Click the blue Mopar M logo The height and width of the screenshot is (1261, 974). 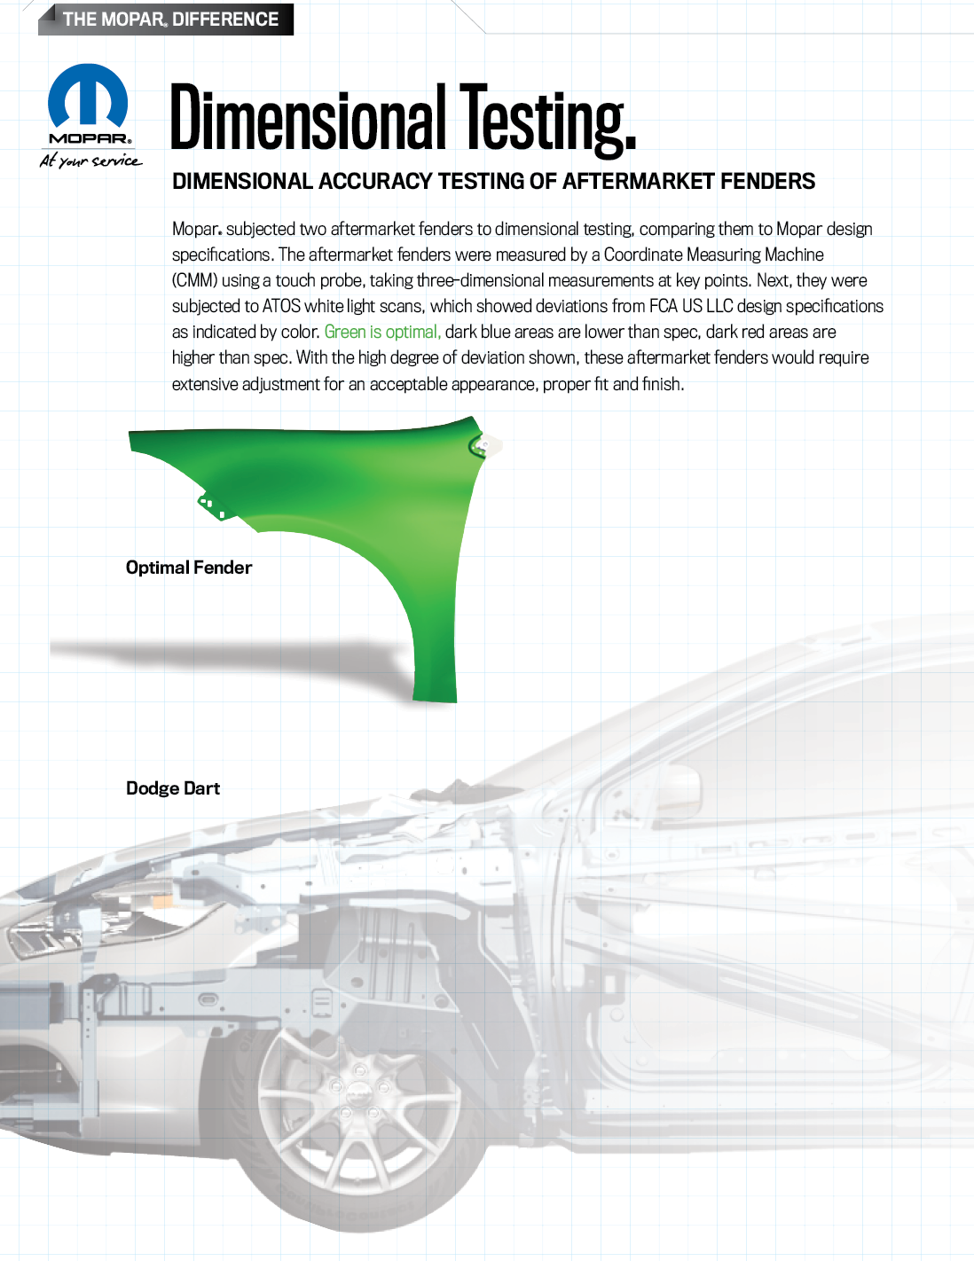(x=88, y=95)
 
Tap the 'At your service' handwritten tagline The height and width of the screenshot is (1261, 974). (x=90, y=161)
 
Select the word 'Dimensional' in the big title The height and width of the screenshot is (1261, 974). (x=308, y=117)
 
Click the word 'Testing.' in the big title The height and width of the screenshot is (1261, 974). (x=548, y=120)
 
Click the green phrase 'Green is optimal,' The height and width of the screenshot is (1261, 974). (x=382, y=332)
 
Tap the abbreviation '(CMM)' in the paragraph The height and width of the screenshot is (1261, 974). (x=194, y=281)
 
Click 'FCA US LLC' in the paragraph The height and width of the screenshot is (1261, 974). (x=691, y=306)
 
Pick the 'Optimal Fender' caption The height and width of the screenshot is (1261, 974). (x=189, y=567)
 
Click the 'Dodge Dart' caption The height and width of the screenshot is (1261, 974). (x=173, y=788)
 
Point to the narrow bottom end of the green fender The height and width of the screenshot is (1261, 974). (x=435, y=694)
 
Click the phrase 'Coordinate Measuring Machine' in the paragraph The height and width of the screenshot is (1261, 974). (x=713, y=255)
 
